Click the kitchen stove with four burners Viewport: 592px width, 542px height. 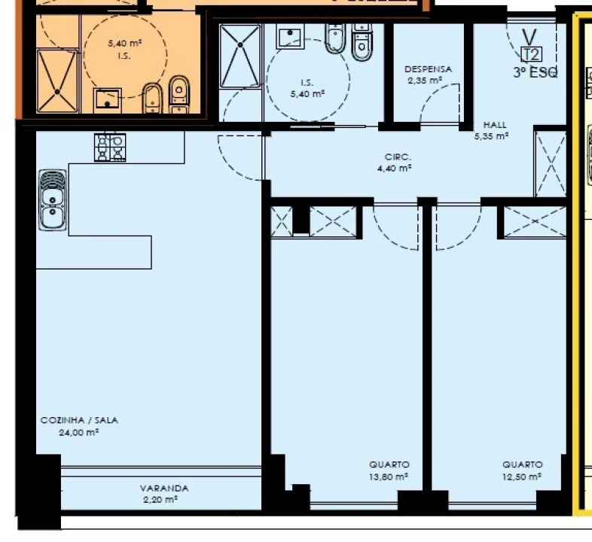110,148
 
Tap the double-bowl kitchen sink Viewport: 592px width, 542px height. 53,200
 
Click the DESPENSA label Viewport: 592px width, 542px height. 428,69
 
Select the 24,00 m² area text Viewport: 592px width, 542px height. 78,433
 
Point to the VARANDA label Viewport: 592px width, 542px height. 164,489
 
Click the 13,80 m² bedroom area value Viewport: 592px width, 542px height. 389,477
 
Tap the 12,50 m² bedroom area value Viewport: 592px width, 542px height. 522,477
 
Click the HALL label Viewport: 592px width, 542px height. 495,125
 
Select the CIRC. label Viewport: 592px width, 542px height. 398,157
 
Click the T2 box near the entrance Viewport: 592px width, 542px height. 532,55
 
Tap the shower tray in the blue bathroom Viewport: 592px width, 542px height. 240,56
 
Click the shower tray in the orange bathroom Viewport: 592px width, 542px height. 57,81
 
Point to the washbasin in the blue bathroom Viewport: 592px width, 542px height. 290,36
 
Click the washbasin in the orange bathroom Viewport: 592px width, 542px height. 108,100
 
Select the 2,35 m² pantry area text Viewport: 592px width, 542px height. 425,81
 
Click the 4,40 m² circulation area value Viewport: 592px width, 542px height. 394,169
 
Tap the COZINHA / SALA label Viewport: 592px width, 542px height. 79,421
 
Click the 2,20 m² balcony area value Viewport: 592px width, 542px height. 160,500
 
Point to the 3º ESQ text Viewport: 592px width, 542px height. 536,72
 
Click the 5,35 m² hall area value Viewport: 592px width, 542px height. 492,136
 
